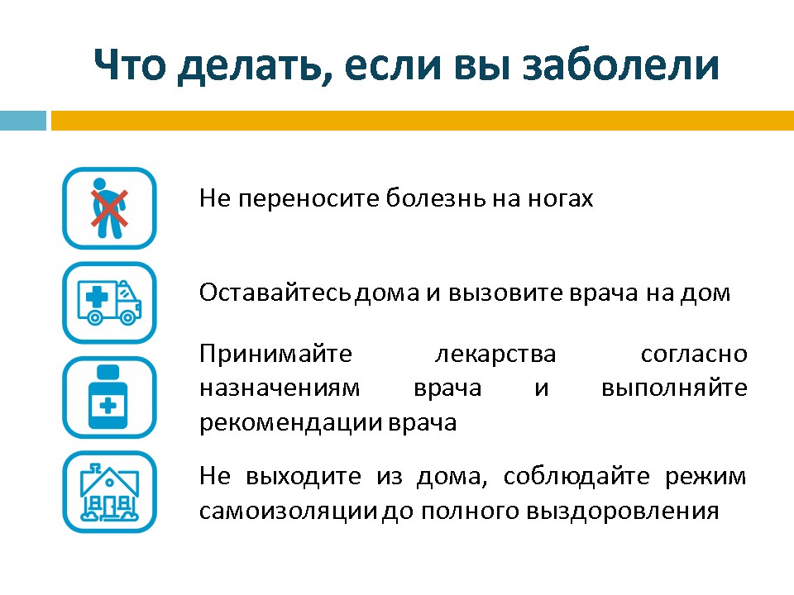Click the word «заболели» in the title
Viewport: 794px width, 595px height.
[x=621, y=64]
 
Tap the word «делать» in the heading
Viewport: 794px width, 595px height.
[x=251, y=66]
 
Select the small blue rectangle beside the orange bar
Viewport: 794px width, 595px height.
[x=23, y=121]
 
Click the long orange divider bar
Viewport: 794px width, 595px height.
[x=423, y=121]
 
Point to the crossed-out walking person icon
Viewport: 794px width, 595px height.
[x=109, y=208]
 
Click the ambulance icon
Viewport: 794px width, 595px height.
[x=109, y=302]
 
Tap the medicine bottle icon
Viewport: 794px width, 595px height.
[x=109, y=397]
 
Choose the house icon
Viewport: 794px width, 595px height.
[x=109, y=492]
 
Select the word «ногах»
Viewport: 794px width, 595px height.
[x=561, y=198]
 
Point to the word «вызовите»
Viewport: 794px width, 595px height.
[x=505, y=293]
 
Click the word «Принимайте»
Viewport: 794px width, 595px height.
[x=275, y=354]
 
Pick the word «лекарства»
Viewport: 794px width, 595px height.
[x=495, y=355]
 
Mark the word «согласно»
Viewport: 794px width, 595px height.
[x=694, y=355]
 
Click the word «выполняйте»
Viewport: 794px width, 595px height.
[x=675, y=388]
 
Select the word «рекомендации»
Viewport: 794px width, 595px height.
[x=290, y=423]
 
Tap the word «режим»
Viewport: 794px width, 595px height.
[x=706, y=477]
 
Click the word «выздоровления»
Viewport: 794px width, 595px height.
[x=622, y=512]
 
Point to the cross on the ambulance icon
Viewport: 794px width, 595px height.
[x=96, y=297]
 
